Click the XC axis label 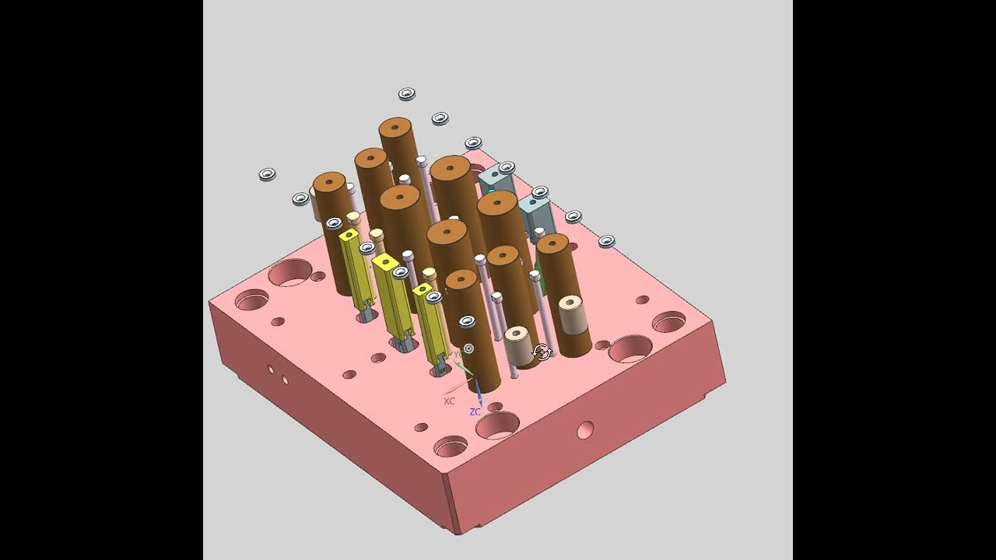tap(449, 401)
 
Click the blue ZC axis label tap(475, 411)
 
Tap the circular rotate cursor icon tap(542, 353)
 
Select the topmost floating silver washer tap(406, 94)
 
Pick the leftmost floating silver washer tap(267, 174)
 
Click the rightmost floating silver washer tap(606, 241)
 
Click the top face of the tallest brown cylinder tap(395, 127)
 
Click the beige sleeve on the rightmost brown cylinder tap(572, 312)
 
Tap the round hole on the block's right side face tap(585, 429)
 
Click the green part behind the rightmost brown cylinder tap(540, 280)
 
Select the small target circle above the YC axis tap(468, 349)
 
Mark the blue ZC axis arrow tap(477, 392)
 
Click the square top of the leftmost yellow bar tap(349, 234)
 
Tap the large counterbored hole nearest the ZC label tap(496, 425)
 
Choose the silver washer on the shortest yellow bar tap(433, 296)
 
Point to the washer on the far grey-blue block tap(507, 167)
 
